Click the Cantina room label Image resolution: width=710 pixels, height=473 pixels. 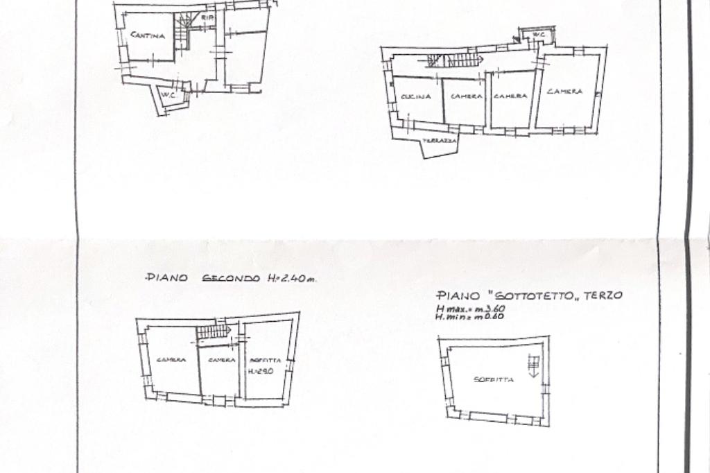[x=148, y=35]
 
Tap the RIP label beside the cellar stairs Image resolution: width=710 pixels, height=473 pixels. [x=206, y=17]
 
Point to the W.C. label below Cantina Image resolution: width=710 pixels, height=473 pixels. [x=167, y=95]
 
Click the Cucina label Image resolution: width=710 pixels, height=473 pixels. [x=416, y=96]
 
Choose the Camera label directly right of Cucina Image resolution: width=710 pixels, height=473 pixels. [x=466, y=96]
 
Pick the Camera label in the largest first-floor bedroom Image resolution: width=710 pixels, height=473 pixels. [x=564, y=92]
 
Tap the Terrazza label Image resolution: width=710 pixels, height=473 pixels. [x=440, y=140]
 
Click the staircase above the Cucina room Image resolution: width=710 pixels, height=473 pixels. [x=454, y=60]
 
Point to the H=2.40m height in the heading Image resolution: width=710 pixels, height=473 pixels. [x=291, y=278]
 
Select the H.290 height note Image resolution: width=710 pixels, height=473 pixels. [x=261, y=371]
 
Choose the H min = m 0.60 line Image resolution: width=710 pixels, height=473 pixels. [x=469, y=316]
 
